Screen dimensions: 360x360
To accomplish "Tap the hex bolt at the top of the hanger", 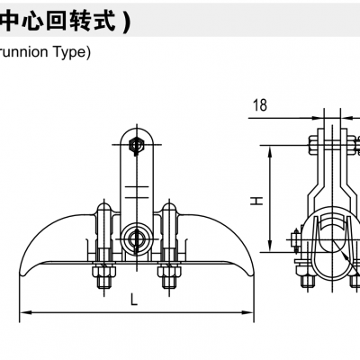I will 135,143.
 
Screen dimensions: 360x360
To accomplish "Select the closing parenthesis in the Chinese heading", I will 126,21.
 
